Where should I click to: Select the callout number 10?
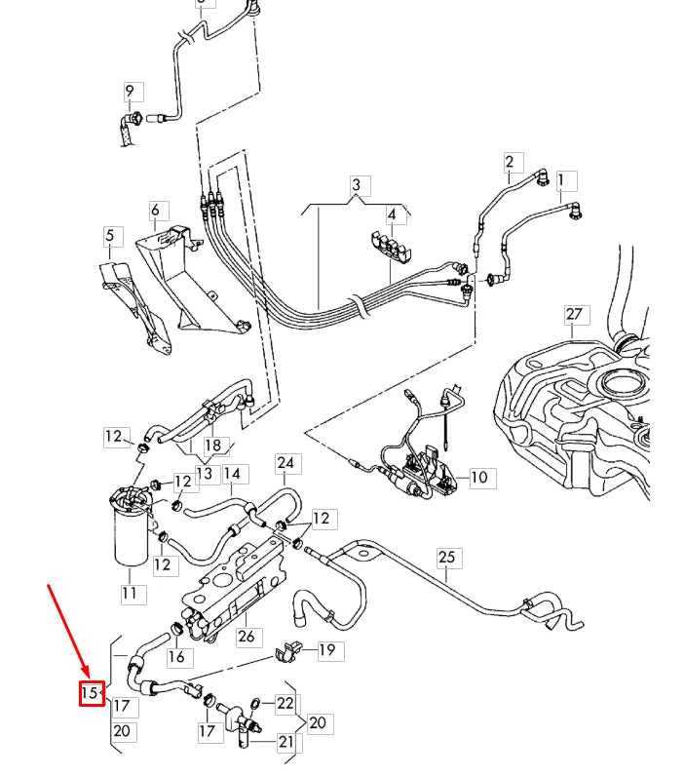[x=479, y=477]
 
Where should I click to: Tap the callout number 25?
[x=446, y=558]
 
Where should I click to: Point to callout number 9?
[x=130, y=93]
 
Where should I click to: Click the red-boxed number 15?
[x=91, y=693]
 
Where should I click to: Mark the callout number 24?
[x=285, y=462]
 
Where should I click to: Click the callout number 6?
[x=154, y=211]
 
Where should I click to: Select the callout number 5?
[x=110, y=235]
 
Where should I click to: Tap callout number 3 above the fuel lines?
[x=357, y=185]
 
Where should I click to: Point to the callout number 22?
[x=285, y=703]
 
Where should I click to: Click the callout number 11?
[x=130, y=593]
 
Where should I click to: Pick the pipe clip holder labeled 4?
[x=395, y=248]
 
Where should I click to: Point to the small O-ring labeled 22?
[x=255, y=701]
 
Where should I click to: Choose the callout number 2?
[x=509, y=161]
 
